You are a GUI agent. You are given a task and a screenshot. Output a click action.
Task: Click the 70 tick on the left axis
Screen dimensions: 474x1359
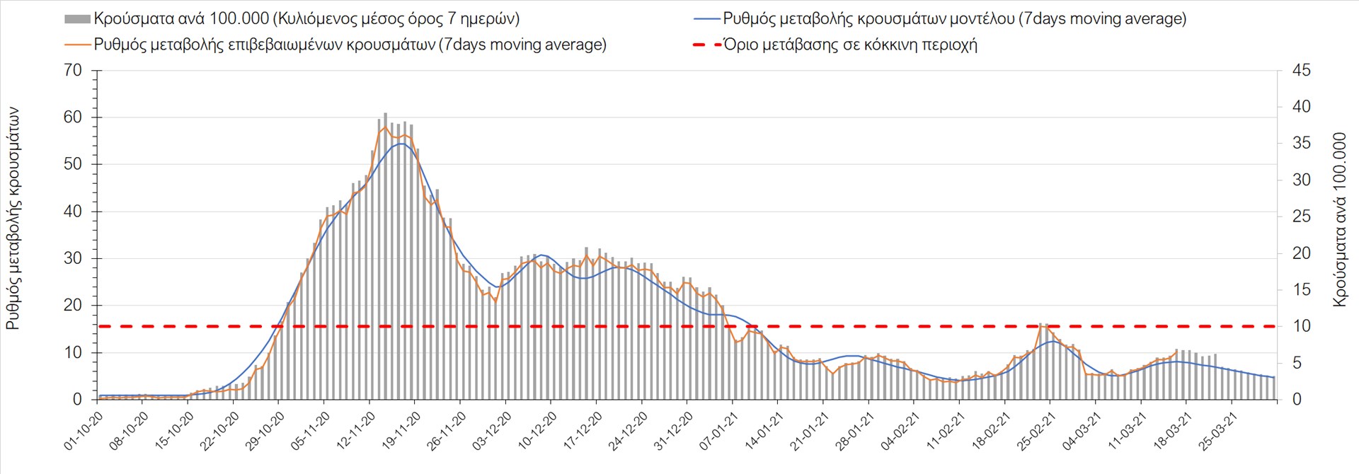click(73, 71)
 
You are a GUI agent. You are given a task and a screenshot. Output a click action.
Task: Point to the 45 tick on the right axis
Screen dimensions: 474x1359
click(1301, 71)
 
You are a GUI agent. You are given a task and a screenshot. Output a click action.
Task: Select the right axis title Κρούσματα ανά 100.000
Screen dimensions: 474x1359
click(1339, 219)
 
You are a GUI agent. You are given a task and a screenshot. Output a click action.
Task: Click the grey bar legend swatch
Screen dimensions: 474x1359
click(77, 19)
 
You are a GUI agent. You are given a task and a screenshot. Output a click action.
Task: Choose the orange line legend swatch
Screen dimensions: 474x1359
click(77, 45)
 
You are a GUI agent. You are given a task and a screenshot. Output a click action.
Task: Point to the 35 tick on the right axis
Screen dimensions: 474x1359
click(1301, 144)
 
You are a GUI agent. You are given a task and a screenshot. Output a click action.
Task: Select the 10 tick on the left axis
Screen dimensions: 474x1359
click(73, 352)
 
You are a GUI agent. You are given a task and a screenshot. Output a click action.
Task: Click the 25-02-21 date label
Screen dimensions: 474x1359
click(1036, 431)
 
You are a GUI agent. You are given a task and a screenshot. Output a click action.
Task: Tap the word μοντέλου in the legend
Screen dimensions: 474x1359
click(980, 19)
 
